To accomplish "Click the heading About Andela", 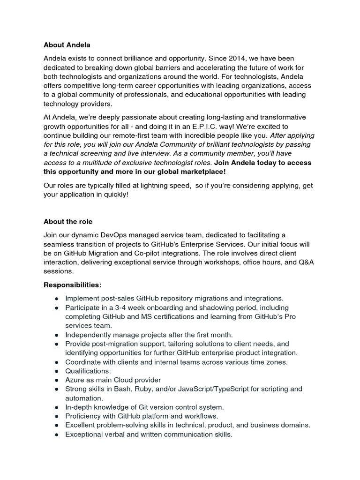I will [x=67, y=45].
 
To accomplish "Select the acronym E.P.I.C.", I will [x=205, y=126].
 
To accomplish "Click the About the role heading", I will [x=68, y=222].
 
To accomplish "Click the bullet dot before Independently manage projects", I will [x=56, y=335].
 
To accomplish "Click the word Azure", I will [x=75, y=380].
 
